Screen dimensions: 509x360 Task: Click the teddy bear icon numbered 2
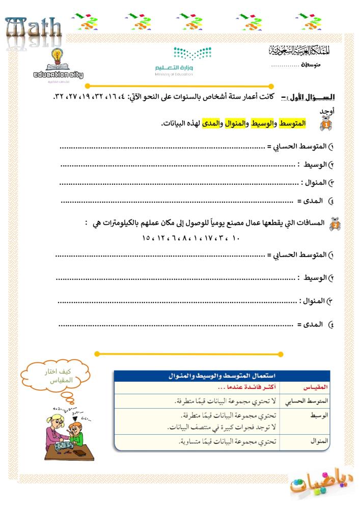pyautogui.click(x=336, y=225)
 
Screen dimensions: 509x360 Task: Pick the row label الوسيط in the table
pyautogui.click(x=316, y=415)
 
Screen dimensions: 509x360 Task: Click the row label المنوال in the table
pyautogui.click(x=316, y=441)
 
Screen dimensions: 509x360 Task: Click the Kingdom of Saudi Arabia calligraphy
pyautogui.click(x=297, y=51)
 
